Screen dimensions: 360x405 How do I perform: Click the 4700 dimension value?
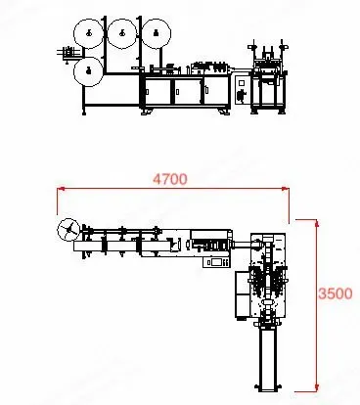point(170,179)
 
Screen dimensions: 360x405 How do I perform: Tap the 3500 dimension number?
point(336,293)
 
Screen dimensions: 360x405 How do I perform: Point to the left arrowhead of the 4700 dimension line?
point(61,188)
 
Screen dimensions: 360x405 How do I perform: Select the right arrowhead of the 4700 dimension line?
point(286,188)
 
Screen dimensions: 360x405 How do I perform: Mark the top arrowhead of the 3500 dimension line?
point(317,223)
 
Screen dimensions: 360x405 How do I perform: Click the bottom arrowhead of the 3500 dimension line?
point(317,387)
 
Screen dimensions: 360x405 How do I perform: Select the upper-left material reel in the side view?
point(88,33)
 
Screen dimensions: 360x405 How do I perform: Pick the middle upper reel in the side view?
point(122,33)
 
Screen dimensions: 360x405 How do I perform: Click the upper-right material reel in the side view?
point(157,33)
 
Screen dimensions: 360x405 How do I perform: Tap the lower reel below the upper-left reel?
point(88,71)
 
